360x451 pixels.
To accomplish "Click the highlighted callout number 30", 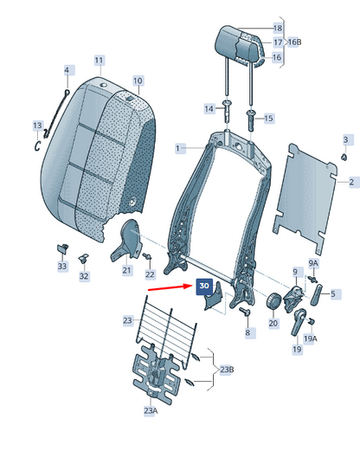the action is tap(204, 287).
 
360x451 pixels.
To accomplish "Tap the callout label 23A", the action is tap(151, 410).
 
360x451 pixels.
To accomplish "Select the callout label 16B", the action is tap(294, 42).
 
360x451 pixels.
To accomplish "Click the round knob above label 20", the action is tap(273, 301).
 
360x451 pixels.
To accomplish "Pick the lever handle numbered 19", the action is tap(298, 322).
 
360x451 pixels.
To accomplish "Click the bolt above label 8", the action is tap(245, 312).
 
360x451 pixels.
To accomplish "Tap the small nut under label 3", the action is tap(344, 157).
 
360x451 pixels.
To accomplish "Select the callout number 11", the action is tap(99, 61).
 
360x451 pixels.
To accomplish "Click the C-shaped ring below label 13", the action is tap(37, 145).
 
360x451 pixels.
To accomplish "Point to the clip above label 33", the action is tap(62, 248).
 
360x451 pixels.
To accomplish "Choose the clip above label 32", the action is tap(83, 258).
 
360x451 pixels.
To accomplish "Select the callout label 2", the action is tap(351, 182).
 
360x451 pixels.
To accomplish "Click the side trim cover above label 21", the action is tap(127, 241).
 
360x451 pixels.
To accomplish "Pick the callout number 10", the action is tap(138, 81).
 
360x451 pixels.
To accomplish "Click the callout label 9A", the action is tap(313, 263).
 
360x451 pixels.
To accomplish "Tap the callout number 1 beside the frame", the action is tap(177, 149).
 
